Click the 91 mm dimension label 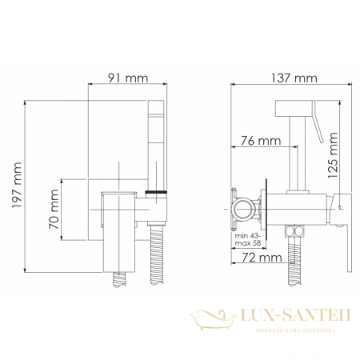click(x=127, y=79)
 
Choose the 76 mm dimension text click(x=262, y=141)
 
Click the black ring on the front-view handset click(x=157, y=194)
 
